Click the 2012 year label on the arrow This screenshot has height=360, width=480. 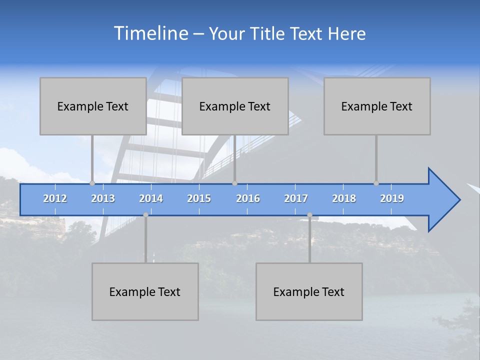(55, 198)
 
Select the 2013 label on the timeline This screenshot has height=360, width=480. (103, 198)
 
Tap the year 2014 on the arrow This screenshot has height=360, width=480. (151, 198)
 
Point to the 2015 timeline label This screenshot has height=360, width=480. (199, 198)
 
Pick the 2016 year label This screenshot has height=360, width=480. (248, 198)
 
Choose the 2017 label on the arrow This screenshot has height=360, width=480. (296, 198)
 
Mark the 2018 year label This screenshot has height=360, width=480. (344, 198)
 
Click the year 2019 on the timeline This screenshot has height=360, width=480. (392, 198)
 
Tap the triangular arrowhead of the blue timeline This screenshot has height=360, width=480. (443, 200)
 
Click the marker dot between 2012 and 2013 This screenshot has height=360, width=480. (92, 183)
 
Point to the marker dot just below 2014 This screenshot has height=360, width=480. (145, 214)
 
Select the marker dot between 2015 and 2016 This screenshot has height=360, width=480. (234, 183)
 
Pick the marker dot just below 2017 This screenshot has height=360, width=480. (309, 214)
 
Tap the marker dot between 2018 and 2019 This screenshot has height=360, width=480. (376, 183)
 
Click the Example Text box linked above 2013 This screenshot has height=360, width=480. (93, 106)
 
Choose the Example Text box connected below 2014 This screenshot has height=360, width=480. (145, 291)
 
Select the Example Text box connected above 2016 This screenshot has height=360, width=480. (235, 106)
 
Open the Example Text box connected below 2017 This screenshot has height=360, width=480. (309, 291)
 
